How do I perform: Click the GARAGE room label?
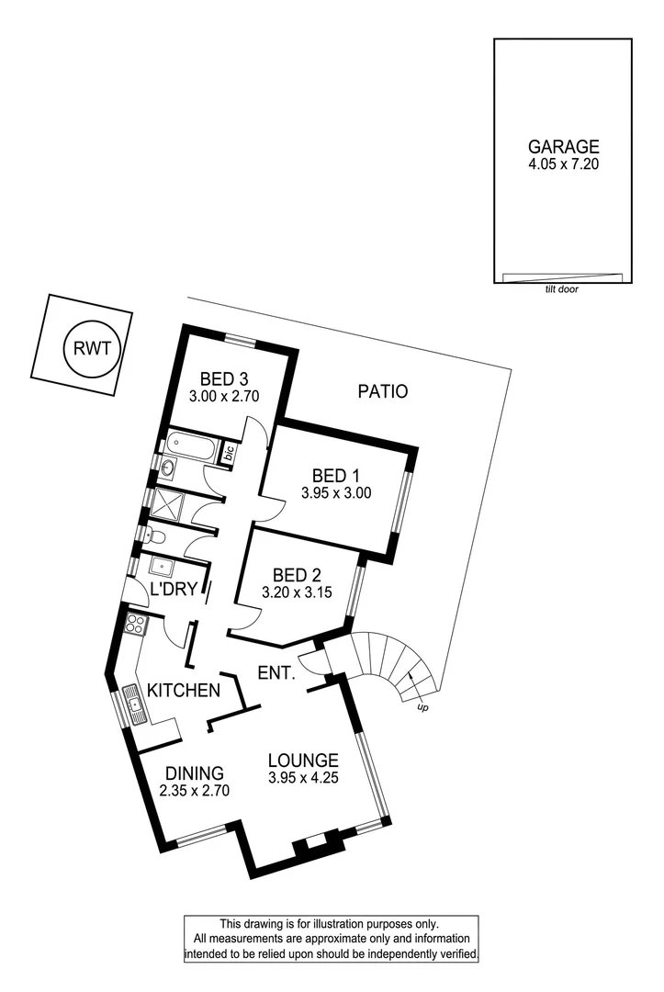[x=563, y=146]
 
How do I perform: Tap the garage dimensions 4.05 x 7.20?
[x=563, y=164]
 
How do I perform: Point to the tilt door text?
[x=562, y=288]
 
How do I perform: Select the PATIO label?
[x=382, y=391]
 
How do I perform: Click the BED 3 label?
[x=225, y=378]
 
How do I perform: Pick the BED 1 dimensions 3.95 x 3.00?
[x=335, y=492]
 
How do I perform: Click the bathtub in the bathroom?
[x=191, y=449]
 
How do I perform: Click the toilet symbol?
[x=156, y=536]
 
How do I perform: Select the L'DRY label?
[x=174, y=589]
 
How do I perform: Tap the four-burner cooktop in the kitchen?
[x=136, y=626]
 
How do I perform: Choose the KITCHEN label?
[x=184, y=691]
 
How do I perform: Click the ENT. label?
[x=276, y=673]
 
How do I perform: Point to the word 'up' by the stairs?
[x=422, y=708]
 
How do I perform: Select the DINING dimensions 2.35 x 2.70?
[x=194, y=790]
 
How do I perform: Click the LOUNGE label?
[x=303, y=761]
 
